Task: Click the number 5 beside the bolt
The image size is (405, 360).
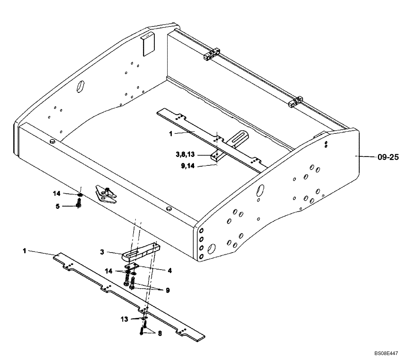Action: point(58,206)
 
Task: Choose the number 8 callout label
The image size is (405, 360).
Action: point(160,333)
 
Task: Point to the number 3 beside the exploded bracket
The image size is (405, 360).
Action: point(103,252)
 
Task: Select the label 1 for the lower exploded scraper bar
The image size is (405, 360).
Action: point(25,251)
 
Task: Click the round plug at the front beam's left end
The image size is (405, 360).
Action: point(52,140)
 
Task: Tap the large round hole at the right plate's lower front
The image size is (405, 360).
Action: point(211,247)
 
